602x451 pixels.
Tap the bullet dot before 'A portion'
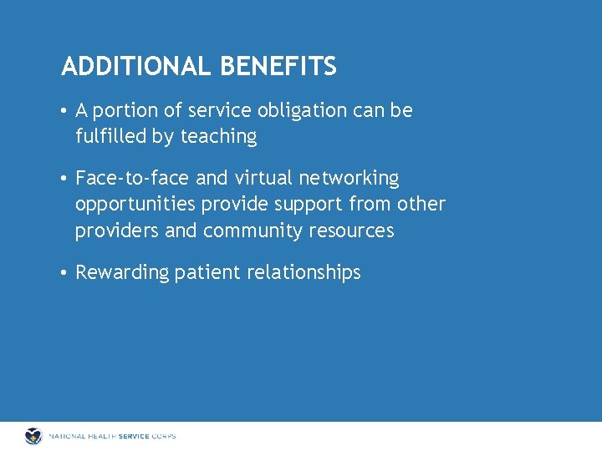coord(64,111)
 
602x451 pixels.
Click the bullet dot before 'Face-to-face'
coord(64,179)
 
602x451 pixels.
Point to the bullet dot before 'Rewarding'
coord(64,273)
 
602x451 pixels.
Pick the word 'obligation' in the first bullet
coord(298,111)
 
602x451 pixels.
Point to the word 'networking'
coord(349,179)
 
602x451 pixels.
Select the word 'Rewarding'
coord(122,273)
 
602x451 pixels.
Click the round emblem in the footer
coord(33,436)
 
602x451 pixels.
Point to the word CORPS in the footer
coord(162,436)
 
